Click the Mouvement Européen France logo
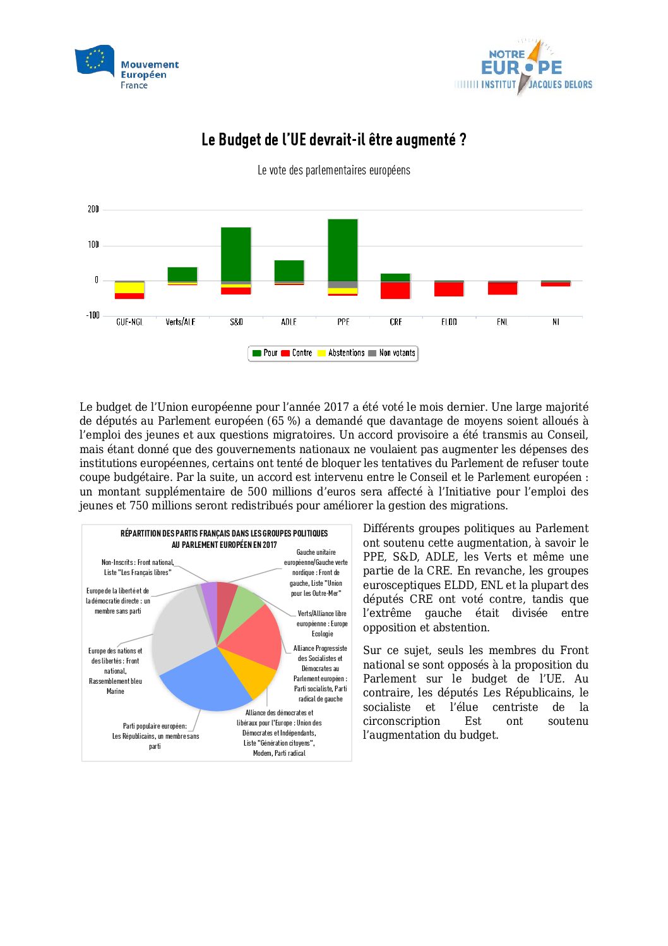point(126,68)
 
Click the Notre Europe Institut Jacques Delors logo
point(523,68)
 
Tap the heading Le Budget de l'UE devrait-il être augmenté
point(333,140)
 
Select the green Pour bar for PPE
point(343,250)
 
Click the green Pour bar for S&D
point(236,254)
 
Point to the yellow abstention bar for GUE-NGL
point(129,288)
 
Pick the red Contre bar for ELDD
point(449,289)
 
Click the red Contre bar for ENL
point(503,289)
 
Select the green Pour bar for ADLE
point(289,270)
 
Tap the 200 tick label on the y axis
point(93,209)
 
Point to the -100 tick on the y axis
point(93,315)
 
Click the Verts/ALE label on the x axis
point(181,322)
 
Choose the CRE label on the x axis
point(396,322)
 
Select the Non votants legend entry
point(392,353)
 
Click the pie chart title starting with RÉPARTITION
point(224,538)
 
